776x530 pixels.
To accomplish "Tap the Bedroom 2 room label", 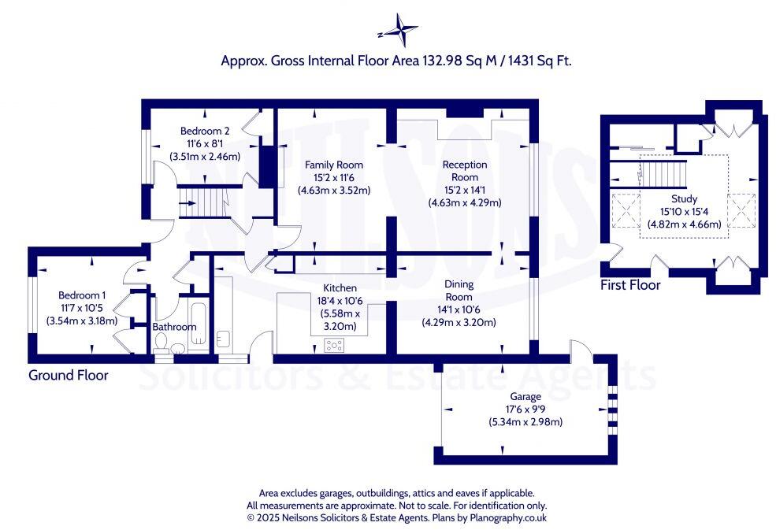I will coord(205,131).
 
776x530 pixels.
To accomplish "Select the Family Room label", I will coord(334,165).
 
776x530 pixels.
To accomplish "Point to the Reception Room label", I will coord(465,170).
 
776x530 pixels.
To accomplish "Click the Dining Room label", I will coord(459,291).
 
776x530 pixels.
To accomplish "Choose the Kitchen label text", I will coord(340,288).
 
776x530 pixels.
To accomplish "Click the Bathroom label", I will coord(174,327).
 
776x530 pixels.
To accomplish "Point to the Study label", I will coord(684,199).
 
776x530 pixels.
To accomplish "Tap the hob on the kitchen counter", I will coord(335,344).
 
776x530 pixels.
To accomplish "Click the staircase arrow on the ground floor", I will coord(188,204).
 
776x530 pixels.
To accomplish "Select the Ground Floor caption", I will coord(69,375).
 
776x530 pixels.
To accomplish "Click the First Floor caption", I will coord(630,284).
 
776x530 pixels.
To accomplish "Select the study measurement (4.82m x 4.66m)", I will coord(684,224).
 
